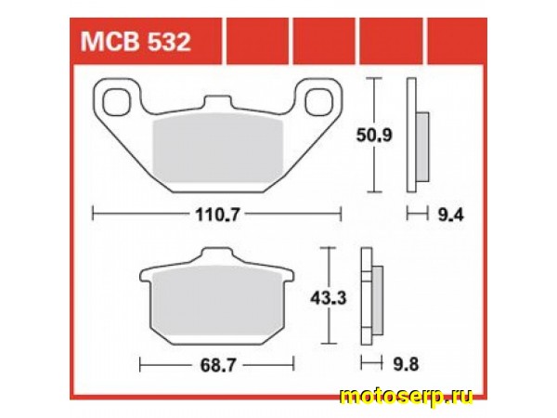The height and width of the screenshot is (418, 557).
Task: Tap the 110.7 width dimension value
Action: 218,216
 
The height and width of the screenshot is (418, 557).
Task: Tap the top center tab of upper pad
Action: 216,100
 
